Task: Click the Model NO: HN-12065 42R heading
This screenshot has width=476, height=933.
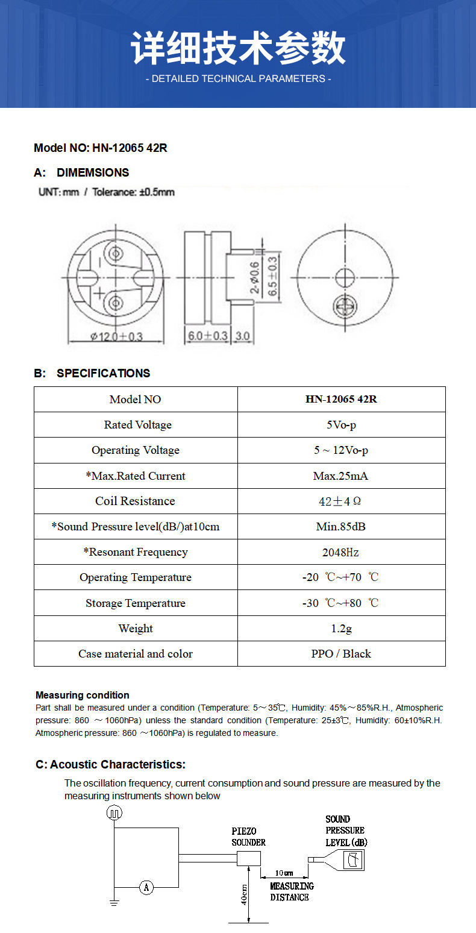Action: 100,148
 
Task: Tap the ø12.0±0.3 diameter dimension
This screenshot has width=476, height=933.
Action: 116,336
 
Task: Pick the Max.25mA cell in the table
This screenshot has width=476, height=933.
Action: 340,476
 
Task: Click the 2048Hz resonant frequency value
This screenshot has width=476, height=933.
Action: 341,552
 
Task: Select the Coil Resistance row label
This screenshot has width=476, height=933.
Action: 135,501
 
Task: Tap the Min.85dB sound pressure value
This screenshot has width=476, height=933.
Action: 340,527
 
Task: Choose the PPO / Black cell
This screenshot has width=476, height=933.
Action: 341,654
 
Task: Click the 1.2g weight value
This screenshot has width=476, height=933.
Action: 341,629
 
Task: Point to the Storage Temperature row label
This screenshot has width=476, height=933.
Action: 135,603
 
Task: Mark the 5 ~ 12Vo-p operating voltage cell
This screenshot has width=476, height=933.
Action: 340,450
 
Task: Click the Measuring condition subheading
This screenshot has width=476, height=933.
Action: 83,695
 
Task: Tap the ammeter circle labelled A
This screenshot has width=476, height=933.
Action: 146,887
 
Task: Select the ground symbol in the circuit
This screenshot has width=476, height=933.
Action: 113,902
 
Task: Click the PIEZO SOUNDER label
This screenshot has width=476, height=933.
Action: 248,837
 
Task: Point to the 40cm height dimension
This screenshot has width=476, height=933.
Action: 245,894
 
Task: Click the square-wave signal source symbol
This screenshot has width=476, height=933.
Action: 114,813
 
